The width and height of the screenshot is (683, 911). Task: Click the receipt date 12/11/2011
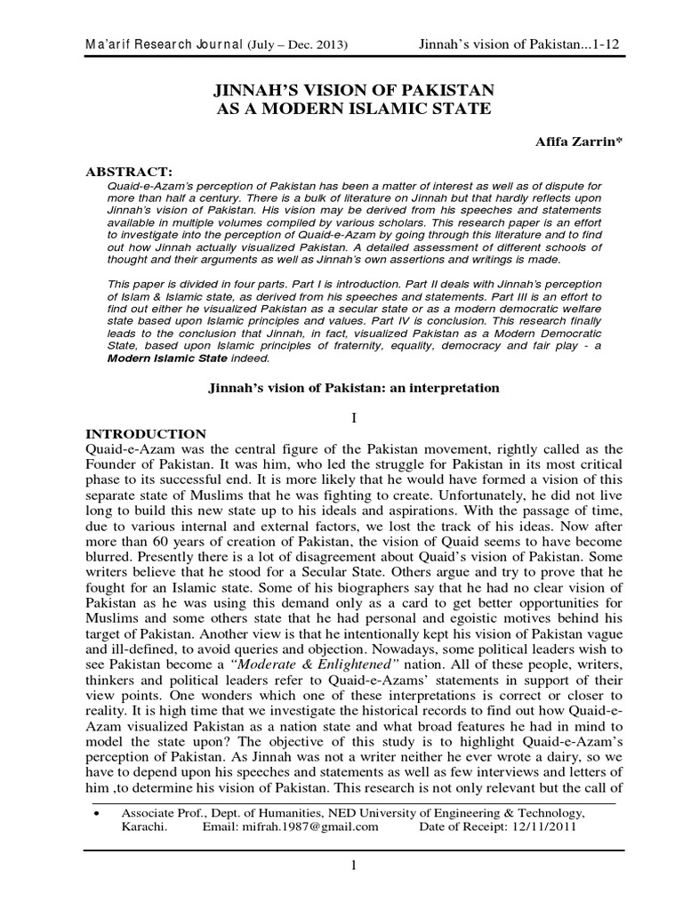click(543, 826)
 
